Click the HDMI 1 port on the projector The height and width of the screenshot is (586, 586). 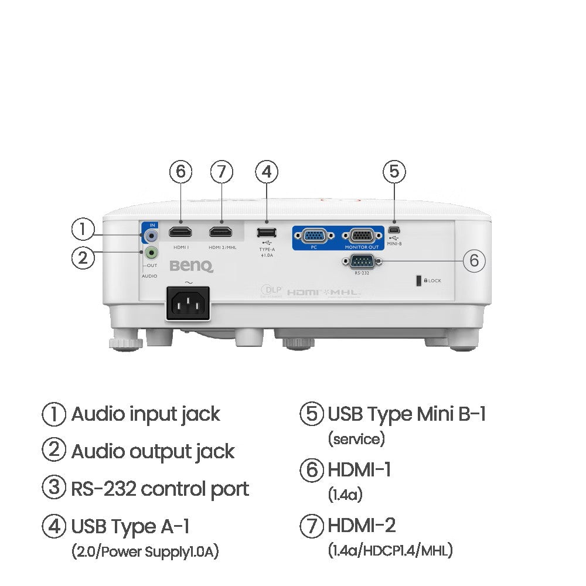[x=180, y=231]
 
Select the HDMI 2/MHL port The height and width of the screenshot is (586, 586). [x=221, y=231]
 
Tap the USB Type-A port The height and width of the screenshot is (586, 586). [x=267, y=232]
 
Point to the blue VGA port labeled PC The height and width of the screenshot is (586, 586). [x=314, y=236]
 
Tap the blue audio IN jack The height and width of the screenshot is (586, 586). [x=152, y=236]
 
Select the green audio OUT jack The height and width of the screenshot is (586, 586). [x=152, y=253]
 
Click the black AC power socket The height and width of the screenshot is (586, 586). [x=189, y=302]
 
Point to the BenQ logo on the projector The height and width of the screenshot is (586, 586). [x=192, y=267]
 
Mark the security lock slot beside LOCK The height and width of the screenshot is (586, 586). [x=418, y=281]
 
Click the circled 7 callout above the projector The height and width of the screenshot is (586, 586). [x=222, y=172]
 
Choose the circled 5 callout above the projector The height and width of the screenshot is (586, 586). [x=394, y=172]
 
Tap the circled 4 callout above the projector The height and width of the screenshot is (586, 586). [x=267, y=172]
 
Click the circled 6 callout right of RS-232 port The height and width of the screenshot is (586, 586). [x=474, y=261]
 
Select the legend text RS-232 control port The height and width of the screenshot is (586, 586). [x=160, y=489]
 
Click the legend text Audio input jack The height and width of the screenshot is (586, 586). [x=145, y=414]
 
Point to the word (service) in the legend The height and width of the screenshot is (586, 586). [x=356, y=438]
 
